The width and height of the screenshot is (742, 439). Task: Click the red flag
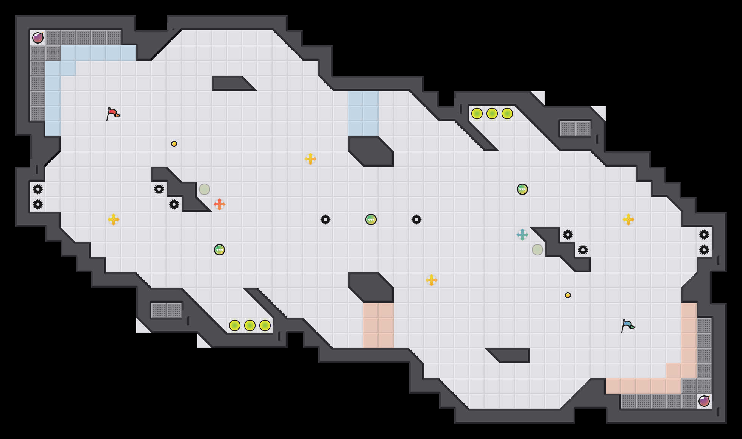(113, 114)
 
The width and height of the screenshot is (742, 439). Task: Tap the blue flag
(628, 325)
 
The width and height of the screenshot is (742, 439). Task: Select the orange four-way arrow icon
(220, 204)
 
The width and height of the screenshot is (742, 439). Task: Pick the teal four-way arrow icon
(522, 235)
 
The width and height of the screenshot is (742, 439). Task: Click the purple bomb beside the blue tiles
(38, 38)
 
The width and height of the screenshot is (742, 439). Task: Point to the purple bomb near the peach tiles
(704, 401)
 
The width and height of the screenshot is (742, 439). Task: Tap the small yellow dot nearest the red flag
(174, 144)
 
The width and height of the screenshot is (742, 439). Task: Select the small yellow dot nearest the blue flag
(568, 295)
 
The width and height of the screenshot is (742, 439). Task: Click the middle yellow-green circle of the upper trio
(492, 114)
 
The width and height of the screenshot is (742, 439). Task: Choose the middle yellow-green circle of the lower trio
(250, 325)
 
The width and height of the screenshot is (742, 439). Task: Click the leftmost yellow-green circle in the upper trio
(477, 114)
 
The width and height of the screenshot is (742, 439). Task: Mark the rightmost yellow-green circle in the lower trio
(265, 325)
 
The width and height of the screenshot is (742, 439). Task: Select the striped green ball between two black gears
(371, 219)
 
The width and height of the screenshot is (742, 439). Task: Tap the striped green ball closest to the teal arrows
(522, 189)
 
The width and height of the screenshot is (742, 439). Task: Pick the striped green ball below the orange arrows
(220, 250)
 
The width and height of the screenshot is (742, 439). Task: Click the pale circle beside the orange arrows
(204, 189)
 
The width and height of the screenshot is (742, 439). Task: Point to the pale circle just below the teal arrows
(538, 250)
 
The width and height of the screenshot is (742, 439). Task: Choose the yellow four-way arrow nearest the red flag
(114, 219)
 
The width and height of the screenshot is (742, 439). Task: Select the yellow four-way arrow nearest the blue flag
(628, 219)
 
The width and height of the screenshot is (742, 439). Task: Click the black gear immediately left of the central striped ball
(326, 219)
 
